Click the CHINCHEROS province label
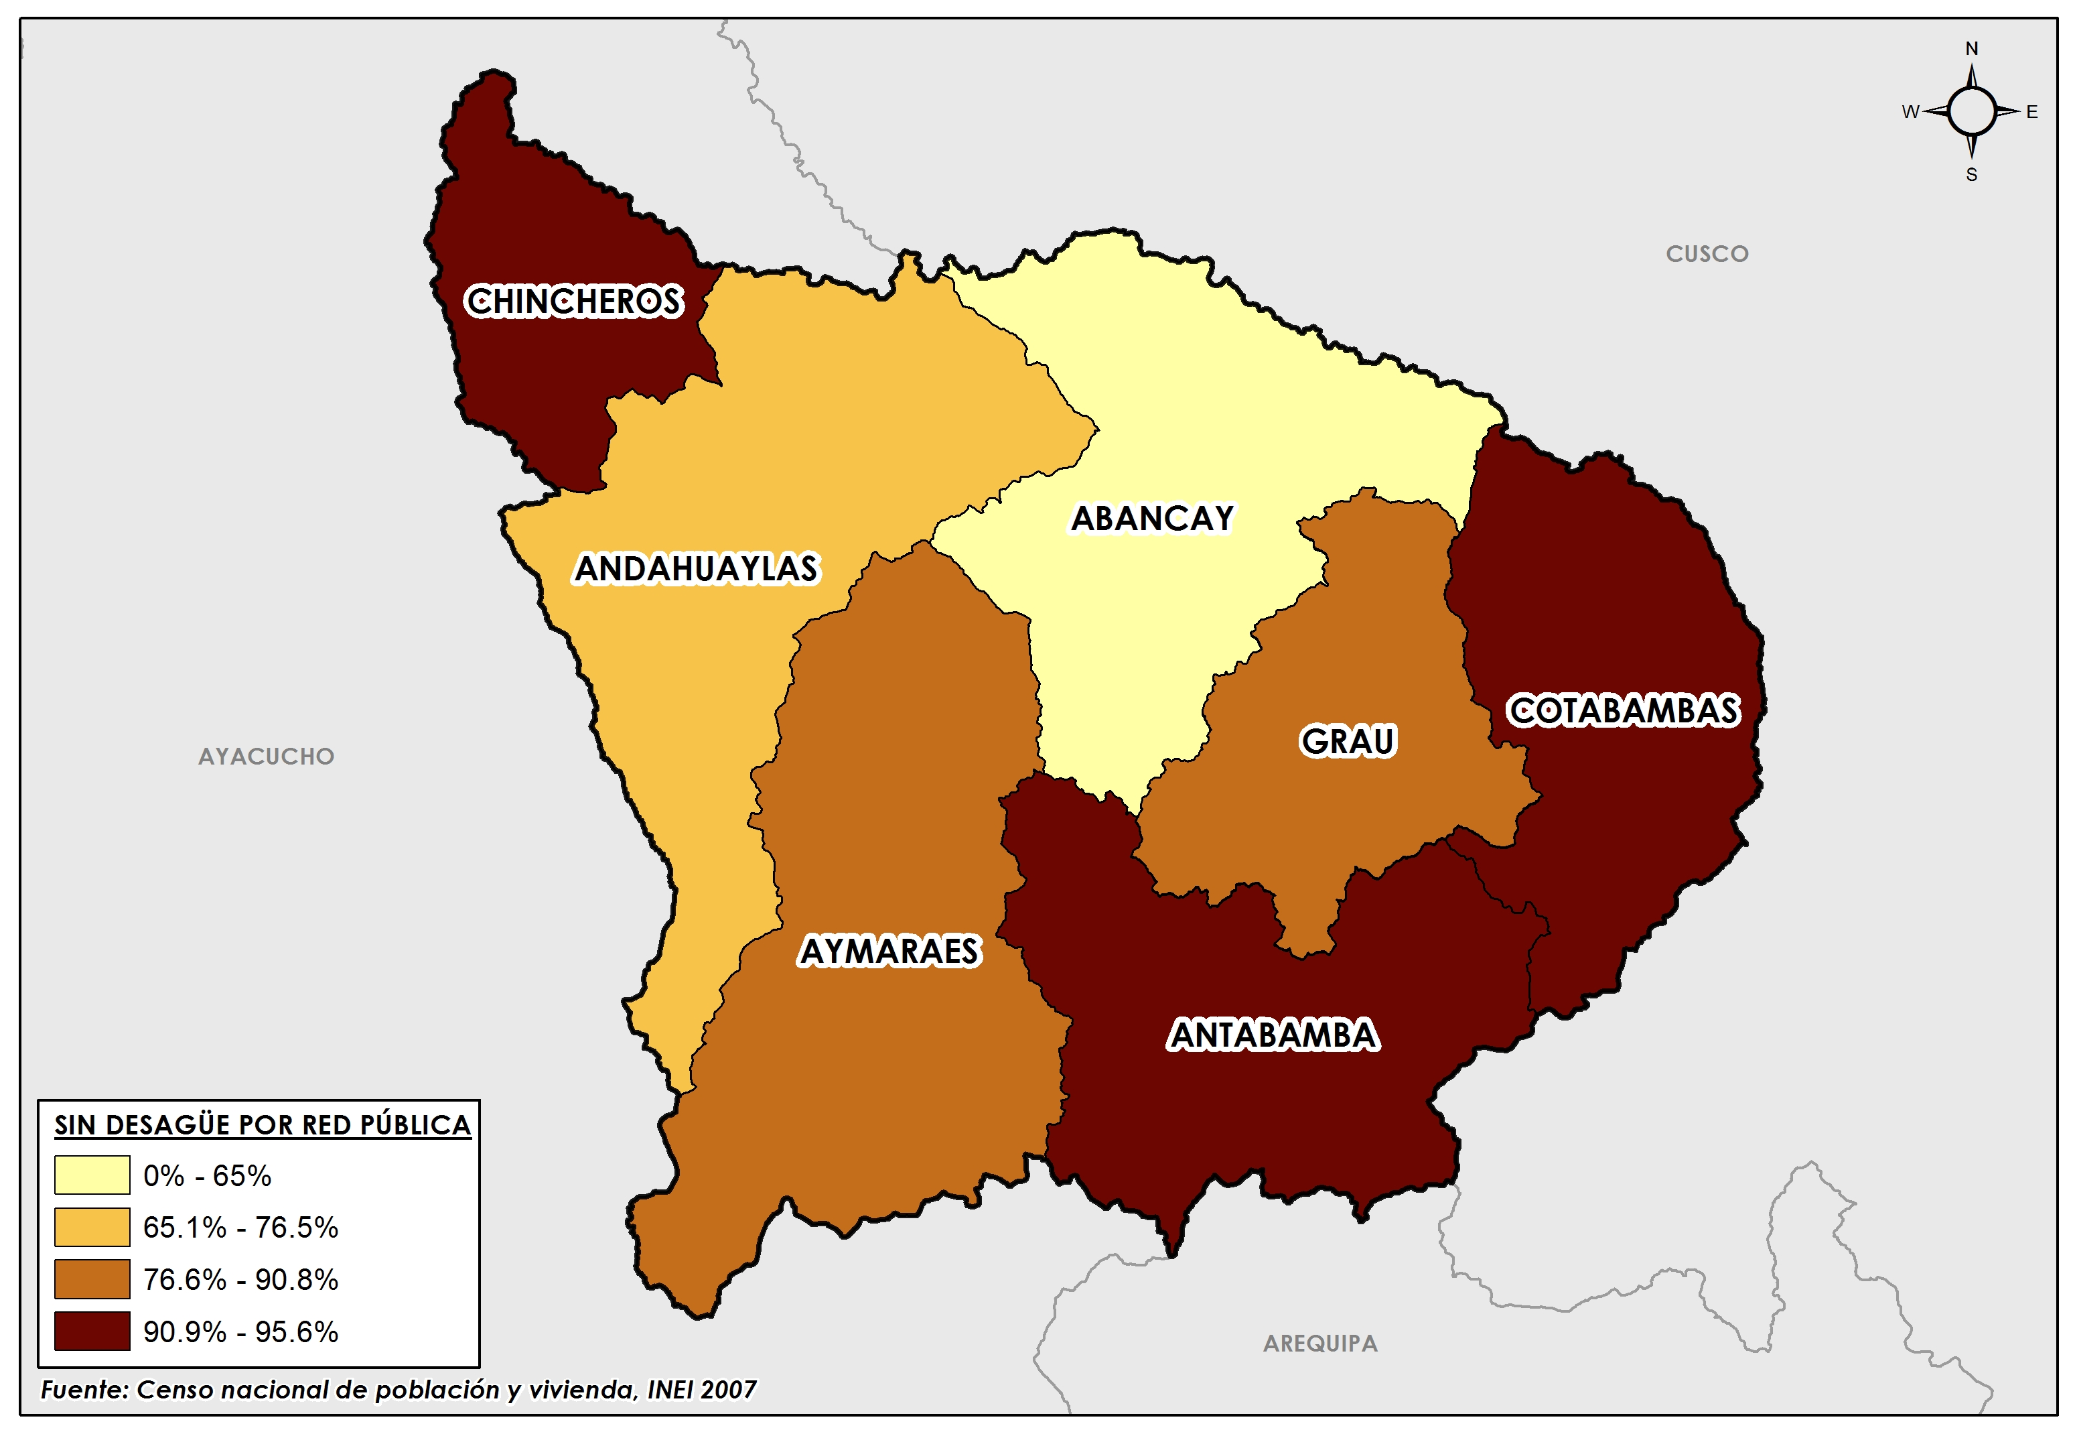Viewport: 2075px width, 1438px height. pos(574,301)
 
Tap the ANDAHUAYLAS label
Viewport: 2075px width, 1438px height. pos(696,568)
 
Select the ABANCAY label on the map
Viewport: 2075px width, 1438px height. pos(1152,518)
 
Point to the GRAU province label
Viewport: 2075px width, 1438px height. pos(1348,740)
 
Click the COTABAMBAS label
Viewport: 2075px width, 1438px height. pos(1623,710)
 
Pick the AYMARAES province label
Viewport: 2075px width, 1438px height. pos(889,952)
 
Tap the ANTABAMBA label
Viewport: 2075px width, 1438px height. pos(1273,1035)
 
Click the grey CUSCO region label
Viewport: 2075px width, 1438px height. pos(1707,254)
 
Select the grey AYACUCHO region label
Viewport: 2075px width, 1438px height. pos(266,756)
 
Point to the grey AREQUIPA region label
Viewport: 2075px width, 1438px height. pos(1319,1344)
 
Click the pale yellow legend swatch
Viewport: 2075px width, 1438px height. pos(92,1175)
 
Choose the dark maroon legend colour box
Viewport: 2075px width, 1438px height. pos(92,1331)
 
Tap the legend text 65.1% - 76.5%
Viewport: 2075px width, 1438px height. pos(240,1227)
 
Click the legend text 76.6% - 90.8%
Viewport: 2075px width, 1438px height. pos(240,1279)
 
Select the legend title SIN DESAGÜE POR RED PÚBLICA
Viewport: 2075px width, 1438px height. pos(262,1124)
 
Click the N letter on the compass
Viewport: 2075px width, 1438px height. pos(1971,49)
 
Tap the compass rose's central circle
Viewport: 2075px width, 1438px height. pos(1971,112)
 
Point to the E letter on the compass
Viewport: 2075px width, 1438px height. pos(2031,113)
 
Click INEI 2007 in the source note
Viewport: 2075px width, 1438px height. pos(701,1390)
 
